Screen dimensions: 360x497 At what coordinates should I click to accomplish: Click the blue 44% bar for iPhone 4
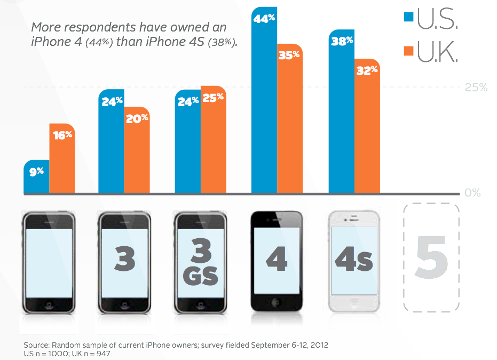pos(264,107)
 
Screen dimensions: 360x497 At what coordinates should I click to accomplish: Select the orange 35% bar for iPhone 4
pos(290,123)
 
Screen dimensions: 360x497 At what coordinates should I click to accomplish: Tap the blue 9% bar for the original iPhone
pos(36,179)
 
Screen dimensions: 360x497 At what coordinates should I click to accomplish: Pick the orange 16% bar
pos(62,160)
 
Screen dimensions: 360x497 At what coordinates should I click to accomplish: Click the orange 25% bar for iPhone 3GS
pos(214,142)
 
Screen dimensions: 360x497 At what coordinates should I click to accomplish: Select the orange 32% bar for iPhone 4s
pos(367,128)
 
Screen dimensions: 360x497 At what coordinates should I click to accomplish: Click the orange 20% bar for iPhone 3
pos(137,152)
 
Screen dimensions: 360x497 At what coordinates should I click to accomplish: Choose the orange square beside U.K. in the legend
pos(408,51)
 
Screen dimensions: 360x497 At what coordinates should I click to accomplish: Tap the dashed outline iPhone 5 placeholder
pos(431,257)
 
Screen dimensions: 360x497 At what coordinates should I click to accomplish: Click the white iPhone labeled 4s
pos(354,262)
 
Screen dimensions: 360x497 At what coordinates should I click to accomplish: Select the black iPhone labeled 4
pos(277,262)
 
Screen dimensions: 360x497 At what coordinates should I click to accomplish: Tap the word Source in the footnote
pos(37,345)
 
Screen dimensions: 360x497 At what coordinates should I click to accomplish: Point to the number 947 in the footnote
pos(104,354)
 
